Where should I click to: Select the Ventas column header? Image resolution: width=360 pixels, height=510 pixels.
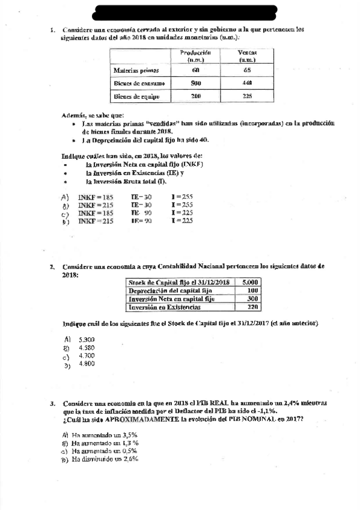(x=247, y=57)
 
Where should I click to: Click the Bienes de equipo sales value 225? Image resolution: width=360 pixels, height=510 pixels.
(x=247, y=96)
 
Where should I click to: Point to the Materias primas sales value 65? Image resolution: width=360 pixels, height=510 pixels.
(x=247, y=71)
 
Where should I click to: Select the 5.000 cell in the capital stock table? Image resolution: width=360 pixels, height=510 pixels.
(x=251, y=281)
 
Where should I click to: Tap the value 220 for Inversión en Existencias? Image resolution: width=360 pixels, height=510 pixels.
(x=252, y=307)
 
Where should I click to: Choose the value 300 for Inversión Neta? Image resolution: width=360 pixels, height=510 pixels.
(x=252, y=298)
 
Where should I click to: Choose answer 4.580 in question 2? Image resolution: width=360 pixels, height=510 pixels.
(x=87, y=348)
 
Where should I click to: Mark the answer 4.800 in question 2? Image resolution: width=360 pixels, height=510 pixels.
(x=87, y=364)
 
